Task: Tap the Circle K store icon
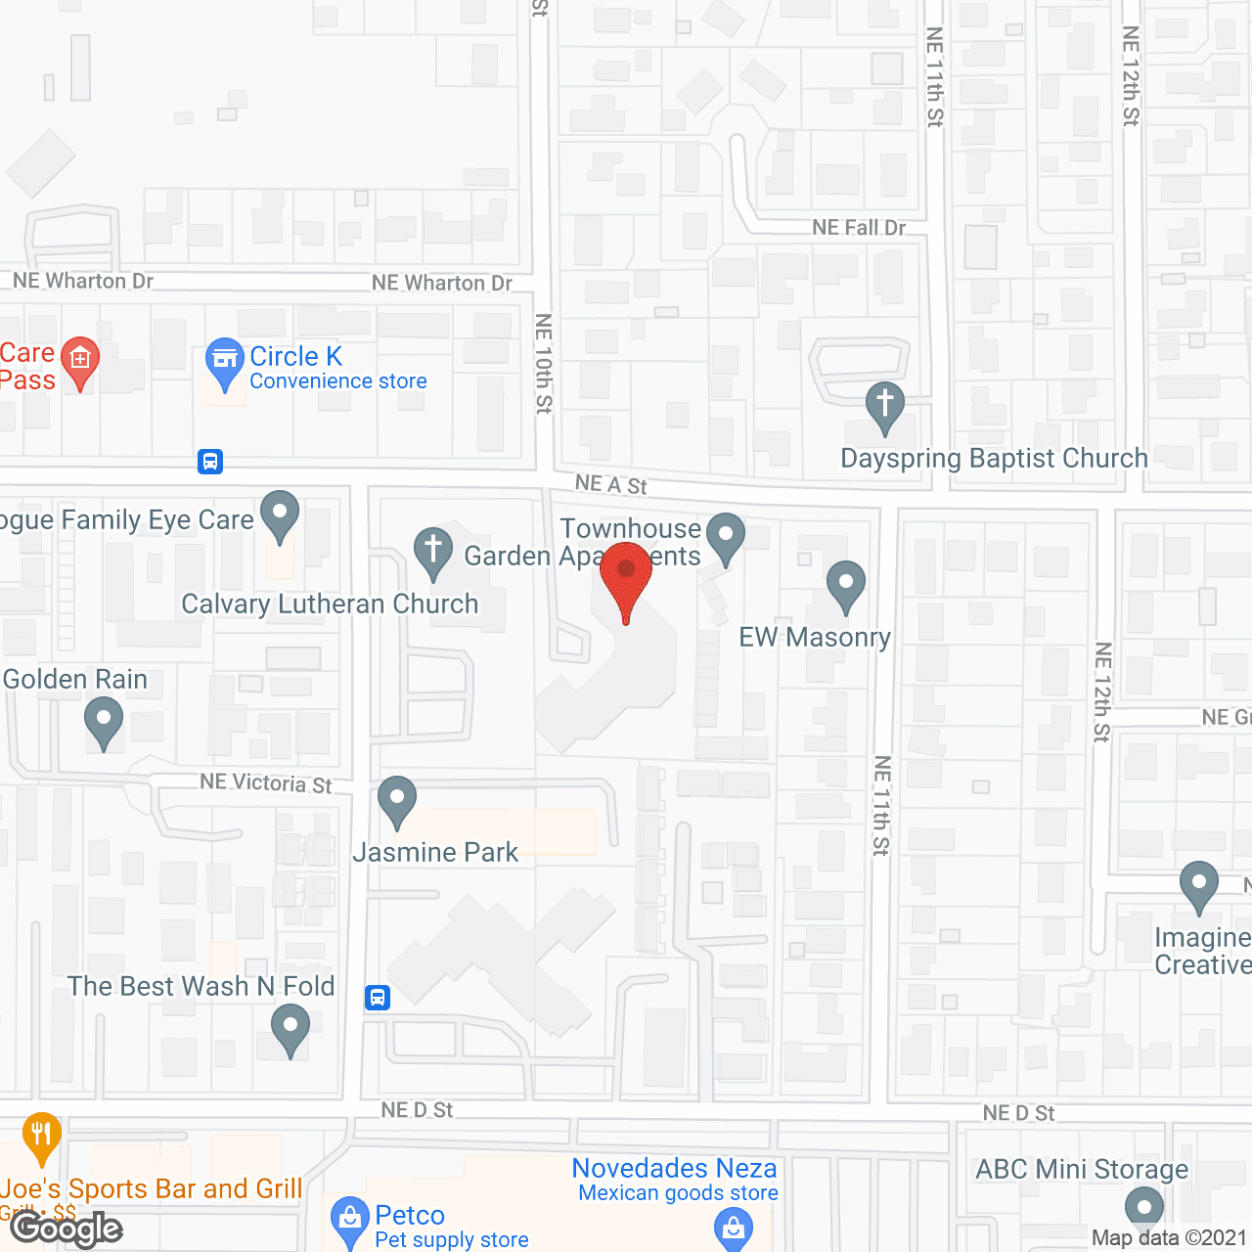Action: click(225, 360)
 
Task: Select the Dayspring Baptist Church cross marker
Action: click(885, 404)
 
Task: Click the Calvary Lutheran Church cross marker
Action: click(432, 550)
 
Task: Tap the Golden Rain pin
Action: click(104, 722)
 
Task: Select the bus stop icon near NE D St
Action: click(378, 998)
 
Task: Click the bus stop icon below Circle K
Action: click(210, 462)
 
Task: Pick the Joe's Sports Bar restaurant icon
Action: click(41, 1135)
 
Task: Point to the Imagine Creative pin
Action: click(1199, 884)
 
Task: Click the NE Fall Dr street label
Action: click(859, 228)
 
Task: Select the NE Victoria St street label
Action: click(266, 782)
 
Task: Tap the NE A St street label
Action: click(611, 484)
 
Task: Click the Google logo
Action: click(67, 1229)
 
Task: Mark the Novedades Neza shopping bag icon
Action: click(734, 1227)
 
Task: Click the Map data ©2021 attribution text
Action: click(1169, 1238)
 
